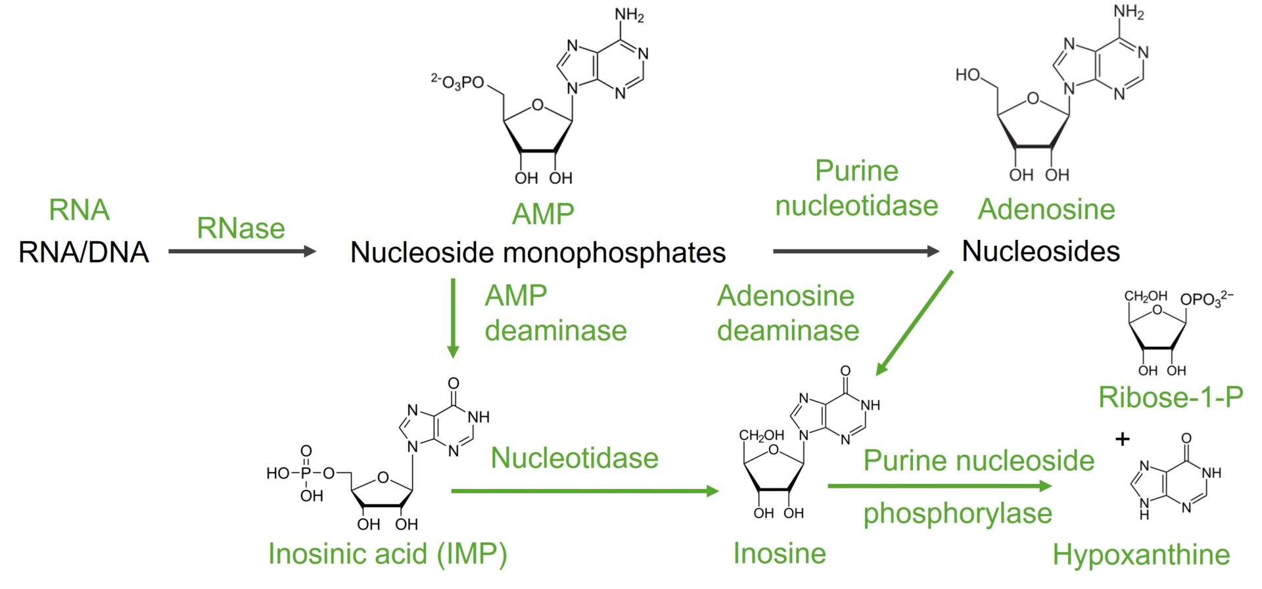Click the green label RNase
(x=241, y=229)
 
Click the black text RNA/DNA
(x=84, y=252)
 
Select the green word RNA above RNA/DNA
(x=79, y=210)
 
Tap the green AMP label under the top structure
(x=543, y=214)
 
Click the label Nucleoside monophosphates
(x=538, y=252)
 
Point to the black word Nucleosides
(x=1040, y=251)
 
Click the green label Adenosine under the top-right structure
(x=1046, y=210)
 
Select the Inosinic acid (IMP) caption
(x=388, y=554)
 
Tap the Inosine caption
(x=780, y=554)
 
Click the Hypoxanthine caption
(x=1141, y=555)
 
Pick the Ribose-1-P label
(x=1171, y=397)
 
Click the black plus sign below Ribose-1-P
(x=1123, y=438)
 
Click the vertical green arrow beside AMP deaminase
(x=452, y=318)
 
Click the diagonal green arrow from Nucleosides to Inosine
(x=914, y=323)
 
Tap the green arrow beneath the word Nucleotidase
(x=585, y=490)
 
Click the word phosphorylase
(x=957, y=514)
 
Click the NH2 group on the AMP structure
(x=629, y=15)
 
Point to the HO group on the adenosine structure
(x=968, y=75)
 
